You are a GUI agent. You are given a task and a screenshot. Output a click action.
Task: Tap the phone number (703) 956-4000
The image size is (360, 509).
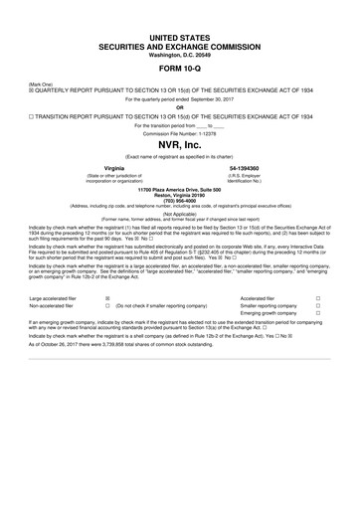(180, 200)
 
